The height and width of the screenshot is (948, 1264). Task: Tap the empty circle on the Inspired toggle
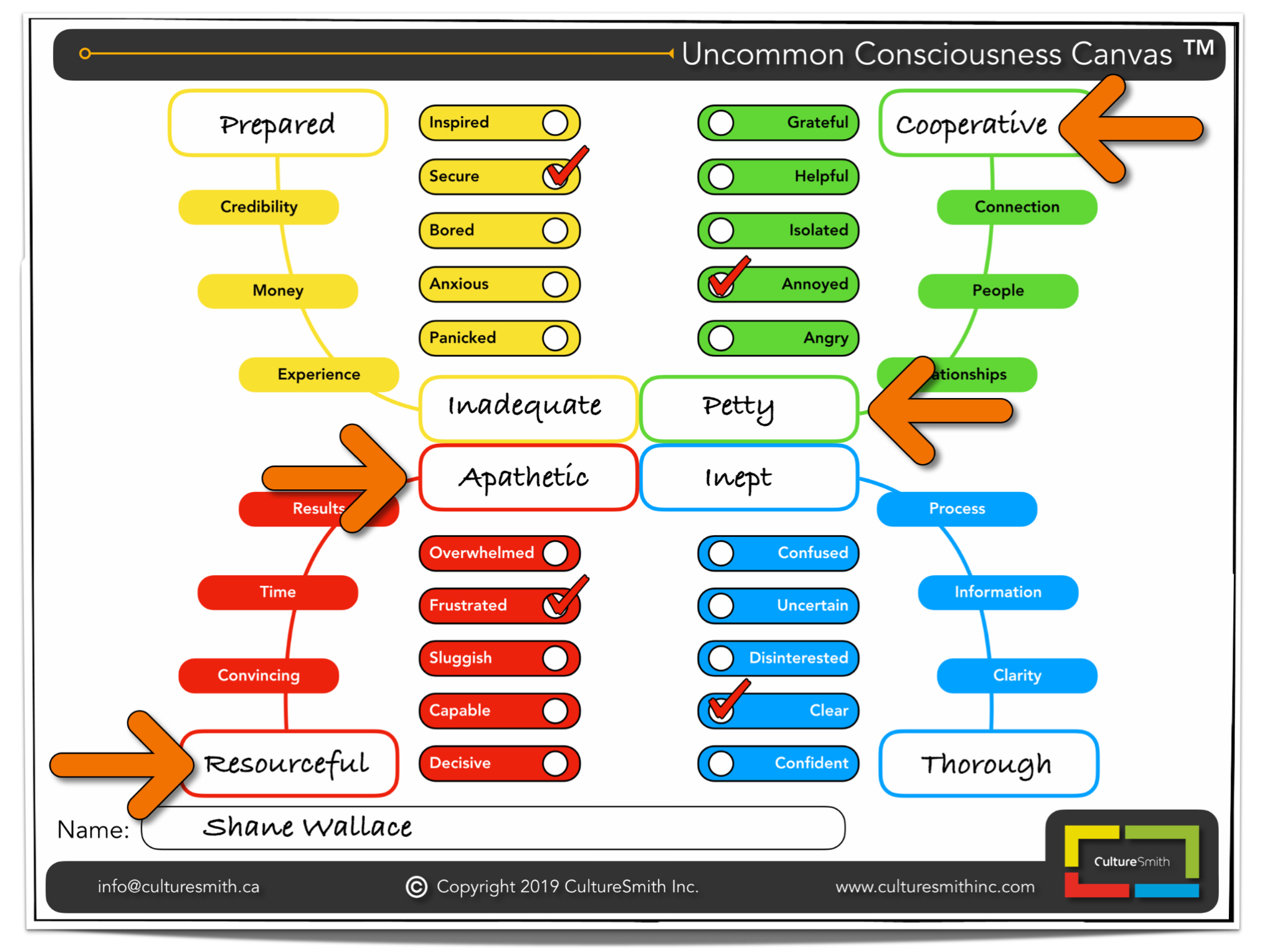(x=555, y=123)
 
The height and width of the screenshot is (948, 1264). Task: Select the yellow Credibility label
(x=259, y=207)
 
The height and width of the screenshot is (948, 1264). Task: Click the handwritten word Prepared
(x=278, y=125)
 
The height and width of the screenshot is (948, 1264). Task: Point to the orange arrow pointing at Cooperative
(x=1129, y=129)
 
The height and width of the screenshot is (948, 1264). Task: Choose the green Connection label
(x=1017, y=207)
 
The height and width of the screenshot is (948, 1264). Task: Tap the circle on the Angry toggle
(x=721, y=338)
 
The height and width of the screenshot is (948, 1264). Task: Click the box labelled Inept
(x=749, y=478)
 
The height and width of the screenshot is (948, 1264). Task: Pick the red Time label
(x=278, y=592)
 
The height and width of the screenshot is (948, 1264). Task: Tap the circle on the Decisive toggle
(x=555, y=763)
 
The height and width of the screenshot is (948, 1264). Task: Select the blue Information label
(x=997, y=592)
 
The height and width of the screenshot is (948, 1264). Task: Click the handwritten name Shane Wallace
(x=307, y=827)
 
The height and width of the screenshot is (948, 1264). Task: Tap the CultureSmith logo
(x=1131, y=861)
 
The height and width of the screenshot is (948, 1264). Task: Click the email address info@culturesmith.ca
(x=178, y=887)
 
